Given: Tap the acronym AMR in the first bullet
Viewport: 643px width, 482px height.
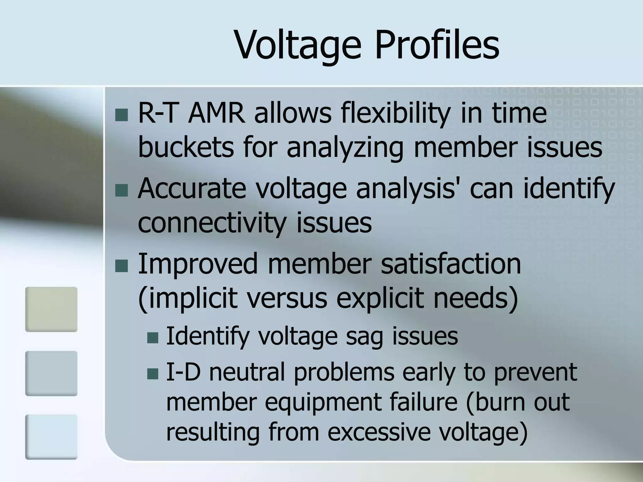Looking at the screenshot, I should click(216, 113).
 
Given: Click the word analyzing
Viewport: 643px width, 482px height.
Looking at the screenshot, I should click(345, 148).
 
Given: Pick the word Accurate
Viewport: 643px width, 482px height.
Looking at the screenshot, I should click(192, 189).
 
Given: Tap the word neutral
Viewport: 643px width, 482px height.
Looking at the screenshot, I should click(247, 372).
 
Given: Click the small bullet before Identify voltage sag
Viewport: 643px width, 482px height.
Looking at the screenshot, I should click(153, 338).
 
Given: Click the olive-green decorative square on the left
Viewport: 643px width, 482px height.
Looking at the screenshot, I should click(51, 309).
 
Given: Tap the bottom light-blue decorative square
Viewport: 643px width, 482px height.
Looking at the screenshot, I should click(51, 437).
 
